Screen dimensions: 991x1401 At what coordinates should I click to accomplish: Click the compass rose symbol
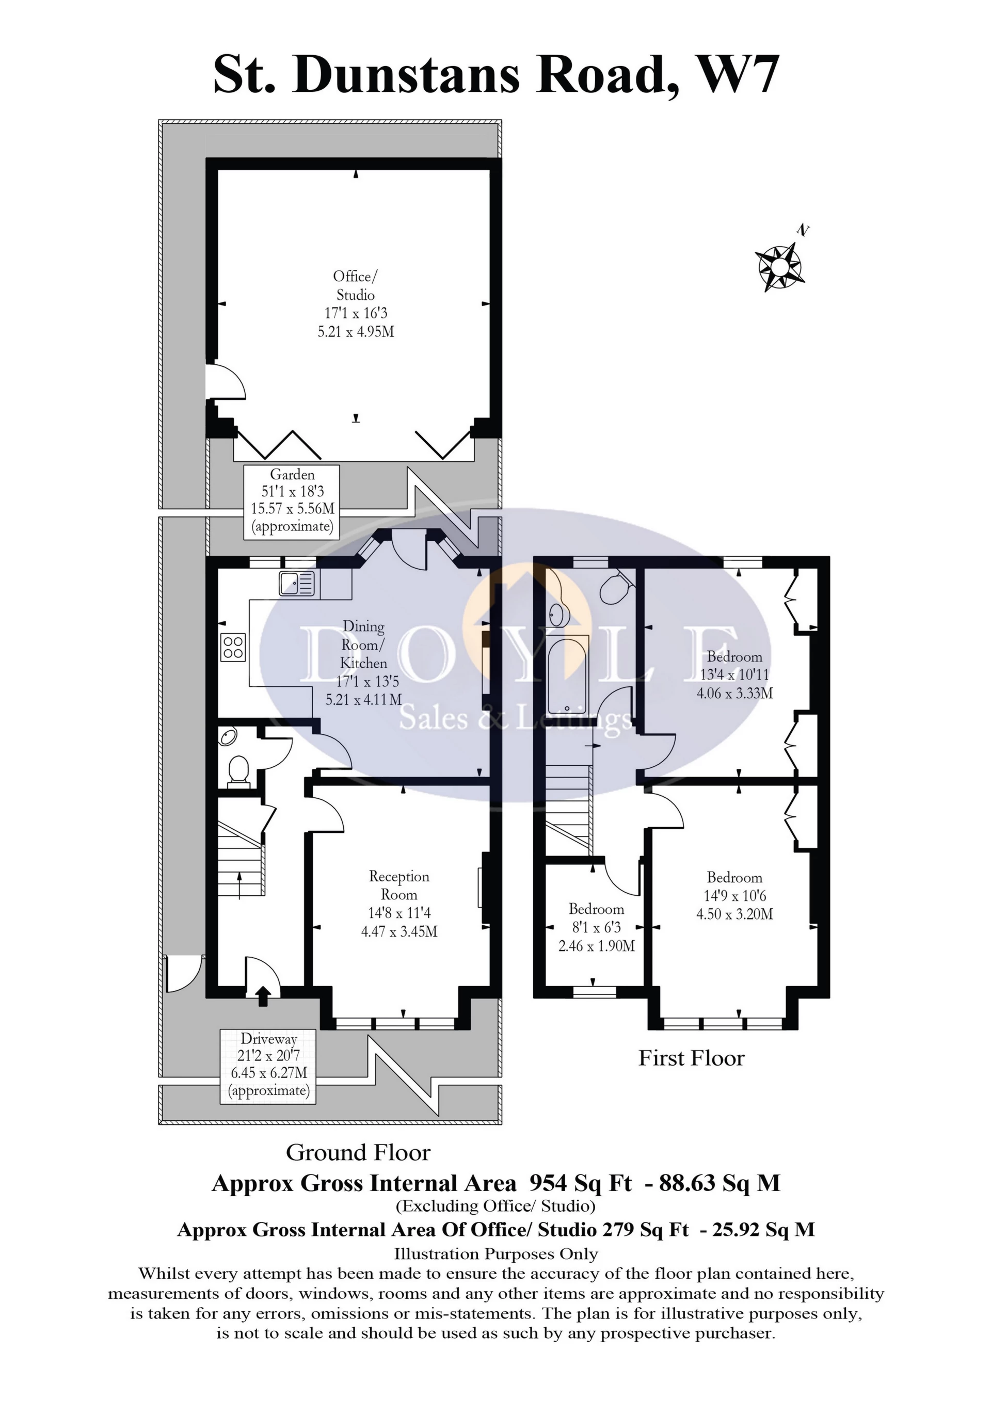coord(780,267)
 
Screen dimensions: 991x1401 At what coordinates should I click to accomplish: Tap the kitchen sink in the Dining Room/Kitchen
coord(297,583)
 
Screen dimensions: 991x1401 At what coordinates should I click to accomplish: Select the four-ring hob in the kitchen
coord(234,647)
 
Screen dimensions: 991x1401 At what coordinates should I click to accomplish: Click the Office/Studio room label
coord(356,304)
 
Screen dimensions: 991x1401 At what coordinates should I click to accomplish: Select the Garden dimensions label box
coord(292,501)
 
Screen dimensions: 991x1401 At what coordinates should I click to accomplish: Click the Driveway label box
coord(268,1066)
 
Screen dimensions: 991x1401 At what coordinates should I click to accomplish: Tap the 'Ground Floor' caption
coord(358,1153)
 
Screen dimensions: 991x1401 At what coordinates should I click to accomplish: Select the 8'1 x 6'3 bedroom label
coord(596,927)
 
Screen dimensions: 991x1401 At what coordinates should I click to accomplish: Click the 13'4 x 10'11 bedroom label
coord(734,675)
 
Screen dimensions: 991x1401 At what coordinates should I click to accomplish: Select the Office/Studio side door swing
coord(226,381)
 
